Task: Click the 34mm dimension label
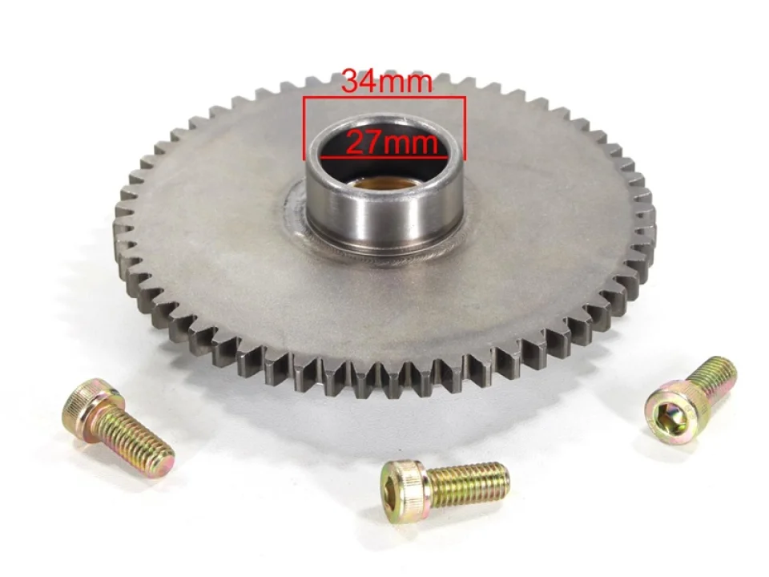[387, 81]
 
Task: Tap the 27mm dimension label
[392, 143]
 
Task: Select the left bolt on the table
[119, 425]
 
